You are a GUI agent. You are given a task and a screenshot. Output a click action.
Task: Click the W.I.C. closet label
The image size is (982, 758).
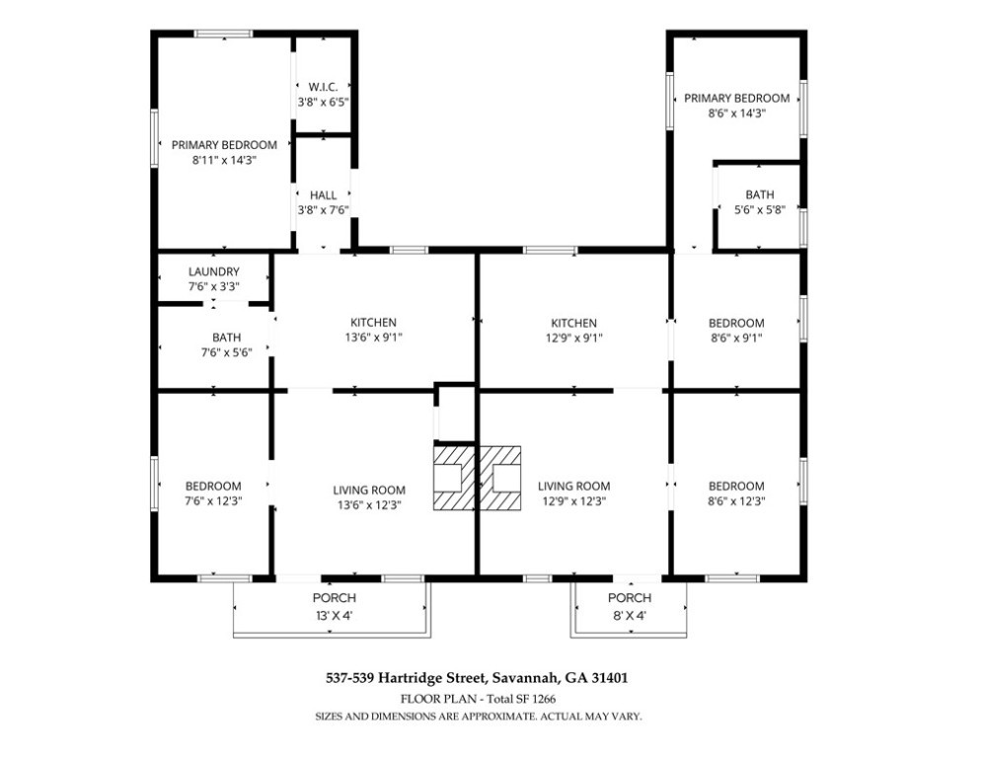[323, 87]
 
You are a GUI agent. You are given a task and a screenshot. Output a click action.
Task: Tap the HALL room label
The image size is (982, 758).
[323, 195]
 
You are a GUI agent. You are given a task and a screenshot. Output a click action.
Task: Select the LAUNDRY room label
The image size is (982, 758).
[213, 271]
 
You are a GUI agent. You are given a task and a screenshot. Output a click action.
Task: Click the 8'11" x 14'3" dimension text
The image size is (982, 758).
[224, 160]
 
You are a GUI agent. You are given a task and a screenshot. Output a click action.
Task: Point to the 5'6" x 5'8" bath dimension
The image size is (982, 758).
[760, 210]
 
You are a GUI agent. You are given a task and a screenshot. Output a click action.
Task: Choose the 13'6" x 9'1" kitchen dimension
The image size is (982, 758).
[373, 338]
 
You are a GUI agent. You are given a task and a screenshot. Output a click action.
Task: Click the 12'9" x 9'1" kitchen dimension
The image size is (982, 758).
[573, 339]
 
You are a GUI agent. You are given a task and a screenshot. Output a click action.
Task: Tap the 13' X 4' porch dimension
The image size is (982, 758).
[335, 615]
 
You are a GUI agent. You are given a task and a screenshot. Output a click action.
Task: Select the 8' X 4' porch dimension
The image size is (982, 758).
[630, 615]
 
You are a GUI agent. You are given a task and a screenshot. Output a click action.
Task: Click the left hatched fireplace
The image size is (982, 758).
[454, 478]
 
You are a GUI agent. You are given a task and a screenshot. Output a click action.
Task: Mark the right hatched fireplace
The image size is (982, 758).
[499, 478]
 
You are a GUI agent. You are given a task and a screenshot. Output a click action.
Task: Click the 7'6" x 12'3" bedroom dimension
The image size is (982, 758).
[213, 501]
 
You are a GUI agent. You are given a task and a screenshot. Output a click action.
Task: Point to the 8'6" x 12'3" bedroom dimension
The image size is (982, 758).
[736, 501]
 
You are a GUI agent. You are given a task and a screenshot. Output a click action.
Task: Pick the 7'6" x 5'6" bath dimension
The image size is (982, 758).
[226, 352]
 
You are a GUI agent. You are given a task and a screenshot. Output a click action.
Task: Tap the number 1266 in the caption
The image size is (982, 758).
[544, 699]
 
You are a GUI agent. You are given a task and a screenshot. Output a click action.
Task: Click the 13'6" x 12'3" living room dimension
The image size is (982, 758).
[369, 505]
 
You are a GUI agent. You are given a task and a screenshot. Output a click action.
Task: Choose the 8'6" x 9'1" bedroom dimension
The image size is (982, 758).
[736, 339]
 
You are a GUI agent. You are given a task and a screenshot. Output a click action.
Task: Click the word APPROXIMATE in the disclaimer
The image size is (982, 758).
[498, 717]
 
